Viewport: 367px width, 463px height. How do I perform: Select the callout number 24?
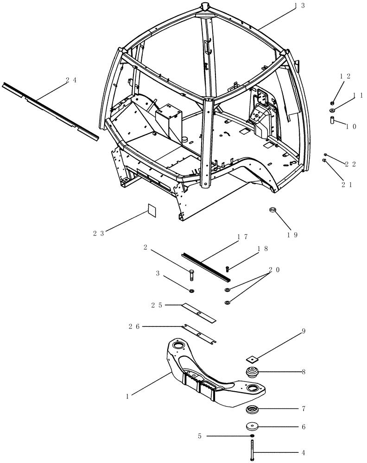pyautogui.click(x=71, y=80)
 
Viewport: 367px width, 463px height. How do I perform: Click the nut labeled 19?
pyautogui.click(x=273, y=211)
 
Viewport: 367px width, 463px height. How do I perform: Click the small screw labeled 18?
pyautogui.click(x=228, y=269)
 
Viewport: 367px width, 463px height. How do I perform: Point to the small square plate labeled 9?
pyautogui.click(x=252, y=358)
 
